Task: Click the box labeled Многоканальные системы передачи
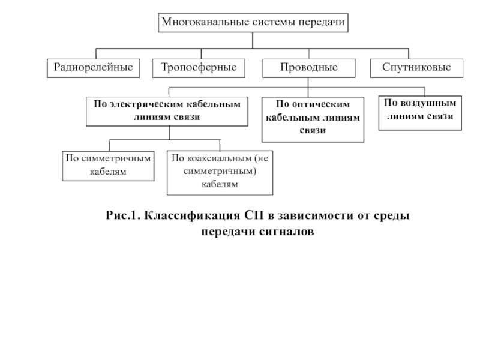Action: pyautogui.click(x=253, y=23)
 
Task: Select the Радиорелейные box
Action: pyautogui.click(x=94, y=68)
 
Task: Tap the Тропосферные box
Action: pyautogui.click(x=199, y=68)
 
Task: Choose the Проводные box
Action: pyautogui.click(x=309, y=68)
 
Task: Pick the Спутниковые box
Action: pyautogui.click(x=416, y=68)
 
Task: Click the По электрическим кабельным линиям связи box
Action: pyautogui.click(x=167, y=112)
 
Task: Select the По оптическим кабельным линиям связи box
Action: pyautogui.click(x=313, y=119)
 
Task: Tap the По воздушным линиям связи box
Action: pyautogui.click(x=420, y=113)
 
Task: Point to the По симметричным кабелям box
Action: pyautogui.click(x=108, y=166)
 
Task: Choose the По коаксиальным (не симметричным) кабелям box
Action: pyautogui.click(x=220, y=173)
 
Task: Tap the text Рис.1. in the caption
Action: pyautogui.click(x=123, y=215)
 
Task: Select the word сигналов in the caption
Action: pyautogui.click(x=287, y=231)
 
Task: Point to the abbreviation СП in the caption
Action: pyautogui.click(x=254, y=215)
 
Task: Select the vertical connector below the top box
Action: pyautogui.click(x=253, y=40)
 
